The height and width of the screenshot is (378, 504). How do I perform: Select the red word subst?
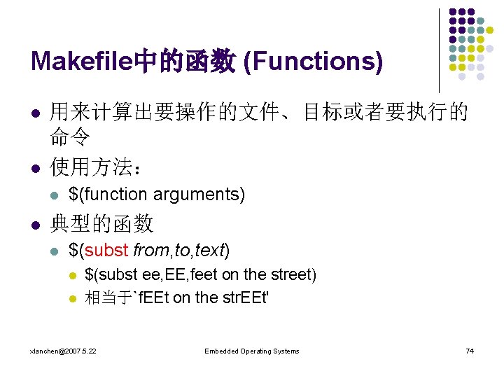108,249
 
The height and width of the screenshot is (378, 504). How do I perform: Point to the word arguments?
199,194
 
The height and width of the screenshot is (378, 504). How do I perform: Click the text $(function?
108,194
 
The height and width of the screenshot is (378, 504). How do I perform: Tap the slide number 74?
470,351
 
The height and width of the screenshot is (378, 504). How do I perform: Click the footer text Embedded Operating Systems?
252,351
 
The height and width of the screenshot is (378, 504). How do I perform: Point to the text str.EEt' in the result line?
246,297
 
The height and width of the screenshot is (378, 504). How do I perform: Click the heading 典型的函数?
101,224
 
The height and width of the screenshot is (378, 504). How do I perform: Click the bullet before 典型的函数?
36,224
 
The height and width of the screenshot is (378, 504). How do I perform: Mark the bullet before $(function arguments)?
55,195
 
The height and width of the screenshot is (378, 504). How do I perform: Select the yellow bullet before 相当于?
71,297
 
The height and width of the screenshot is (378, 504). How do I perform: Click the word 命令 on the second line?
69,138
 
